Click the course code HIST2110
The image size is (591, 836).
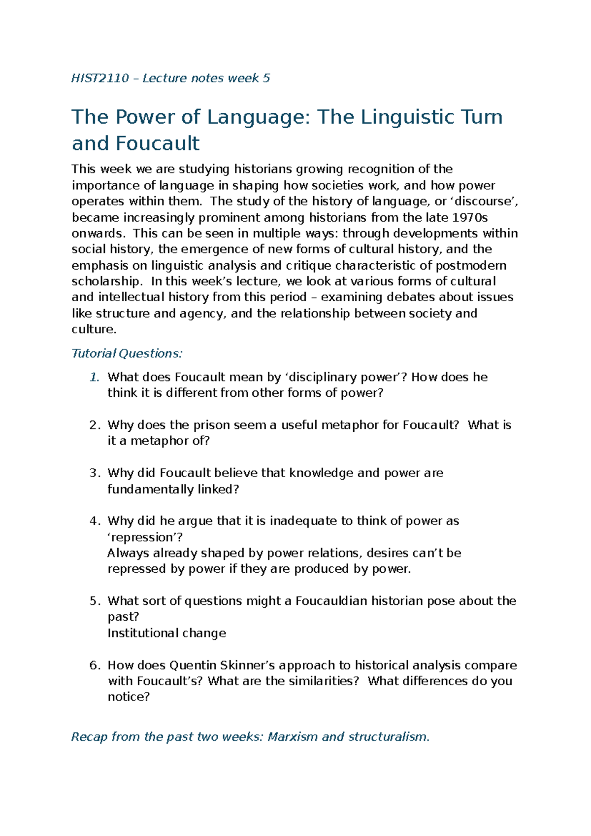pyautogui.click(x=100, y=78)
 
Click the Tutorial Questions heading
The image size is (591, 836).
pyautogui.click(x=127, y=353)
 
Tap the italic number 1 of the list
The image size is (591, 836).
pyautogui.click(x=94, y=377)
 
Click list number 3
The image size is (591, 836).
pyautogui.click(x=94, y=473)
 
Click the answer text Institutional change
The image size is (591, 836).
pyautogui.click(x=166, y=633)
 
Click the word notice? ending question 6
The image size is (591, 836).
pyautogui.click(x=129, y=697)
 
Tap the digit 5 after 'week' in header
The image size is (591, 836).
pyautogui.click(x=266, y=78)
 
